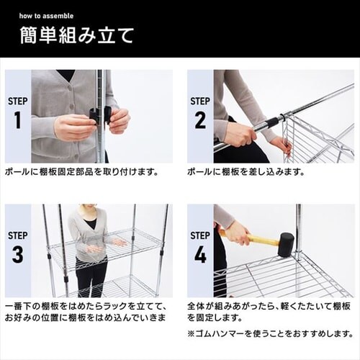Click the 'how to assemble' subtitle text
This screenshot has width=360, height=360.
pyautogui.click(x=46, y=16)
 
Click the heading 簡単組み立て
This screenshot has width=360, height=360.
pyautogui.click(x=76, y=35)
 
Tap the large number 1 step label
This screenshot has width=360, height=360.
pyautogui.click(x=17, y=120)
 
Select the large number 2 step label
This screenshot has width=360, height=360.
pyautogui.click(x=200, y=120)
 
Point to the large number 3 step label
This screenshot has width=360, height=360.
pyautogui.click(x=18, y=254)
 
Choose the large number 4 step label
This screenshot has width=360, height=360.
pyautogui.click(x=200, y=254)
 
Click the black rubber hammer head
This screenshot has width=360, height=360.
pyautogui.click(x=286, y=245)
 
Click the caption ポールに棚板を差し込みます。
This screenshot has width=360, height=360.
pyautogui.click(x=246, y=172)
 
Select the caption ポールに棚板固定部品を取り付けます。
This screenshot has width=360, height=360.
pyautogui.click(x=81, y=172)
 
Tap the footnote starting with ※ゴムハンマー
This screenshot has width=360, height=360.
pyautogui.click(x=271, y=334)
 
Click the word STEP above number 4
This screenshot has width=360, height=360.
pyautogui.click(x=200, y=235)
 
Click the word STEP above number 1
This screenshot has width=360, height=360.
pyautogui.click(x=18, y=101)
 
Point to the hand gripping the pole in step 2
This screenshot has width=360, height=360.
pyautogui.click(x=239, y=135)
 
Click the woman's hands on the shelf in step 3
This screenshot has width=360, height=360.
pyautogui.click(x=106, y=246)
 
